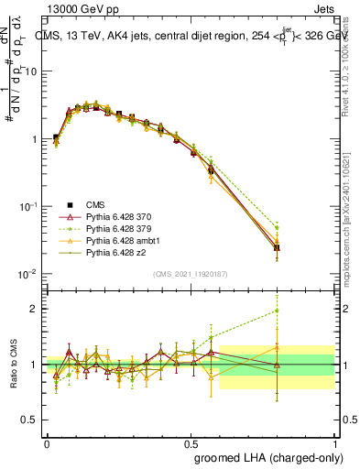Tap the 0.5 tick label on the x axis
[191, 442]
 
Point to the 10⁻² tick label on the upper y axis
[29, 274]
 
